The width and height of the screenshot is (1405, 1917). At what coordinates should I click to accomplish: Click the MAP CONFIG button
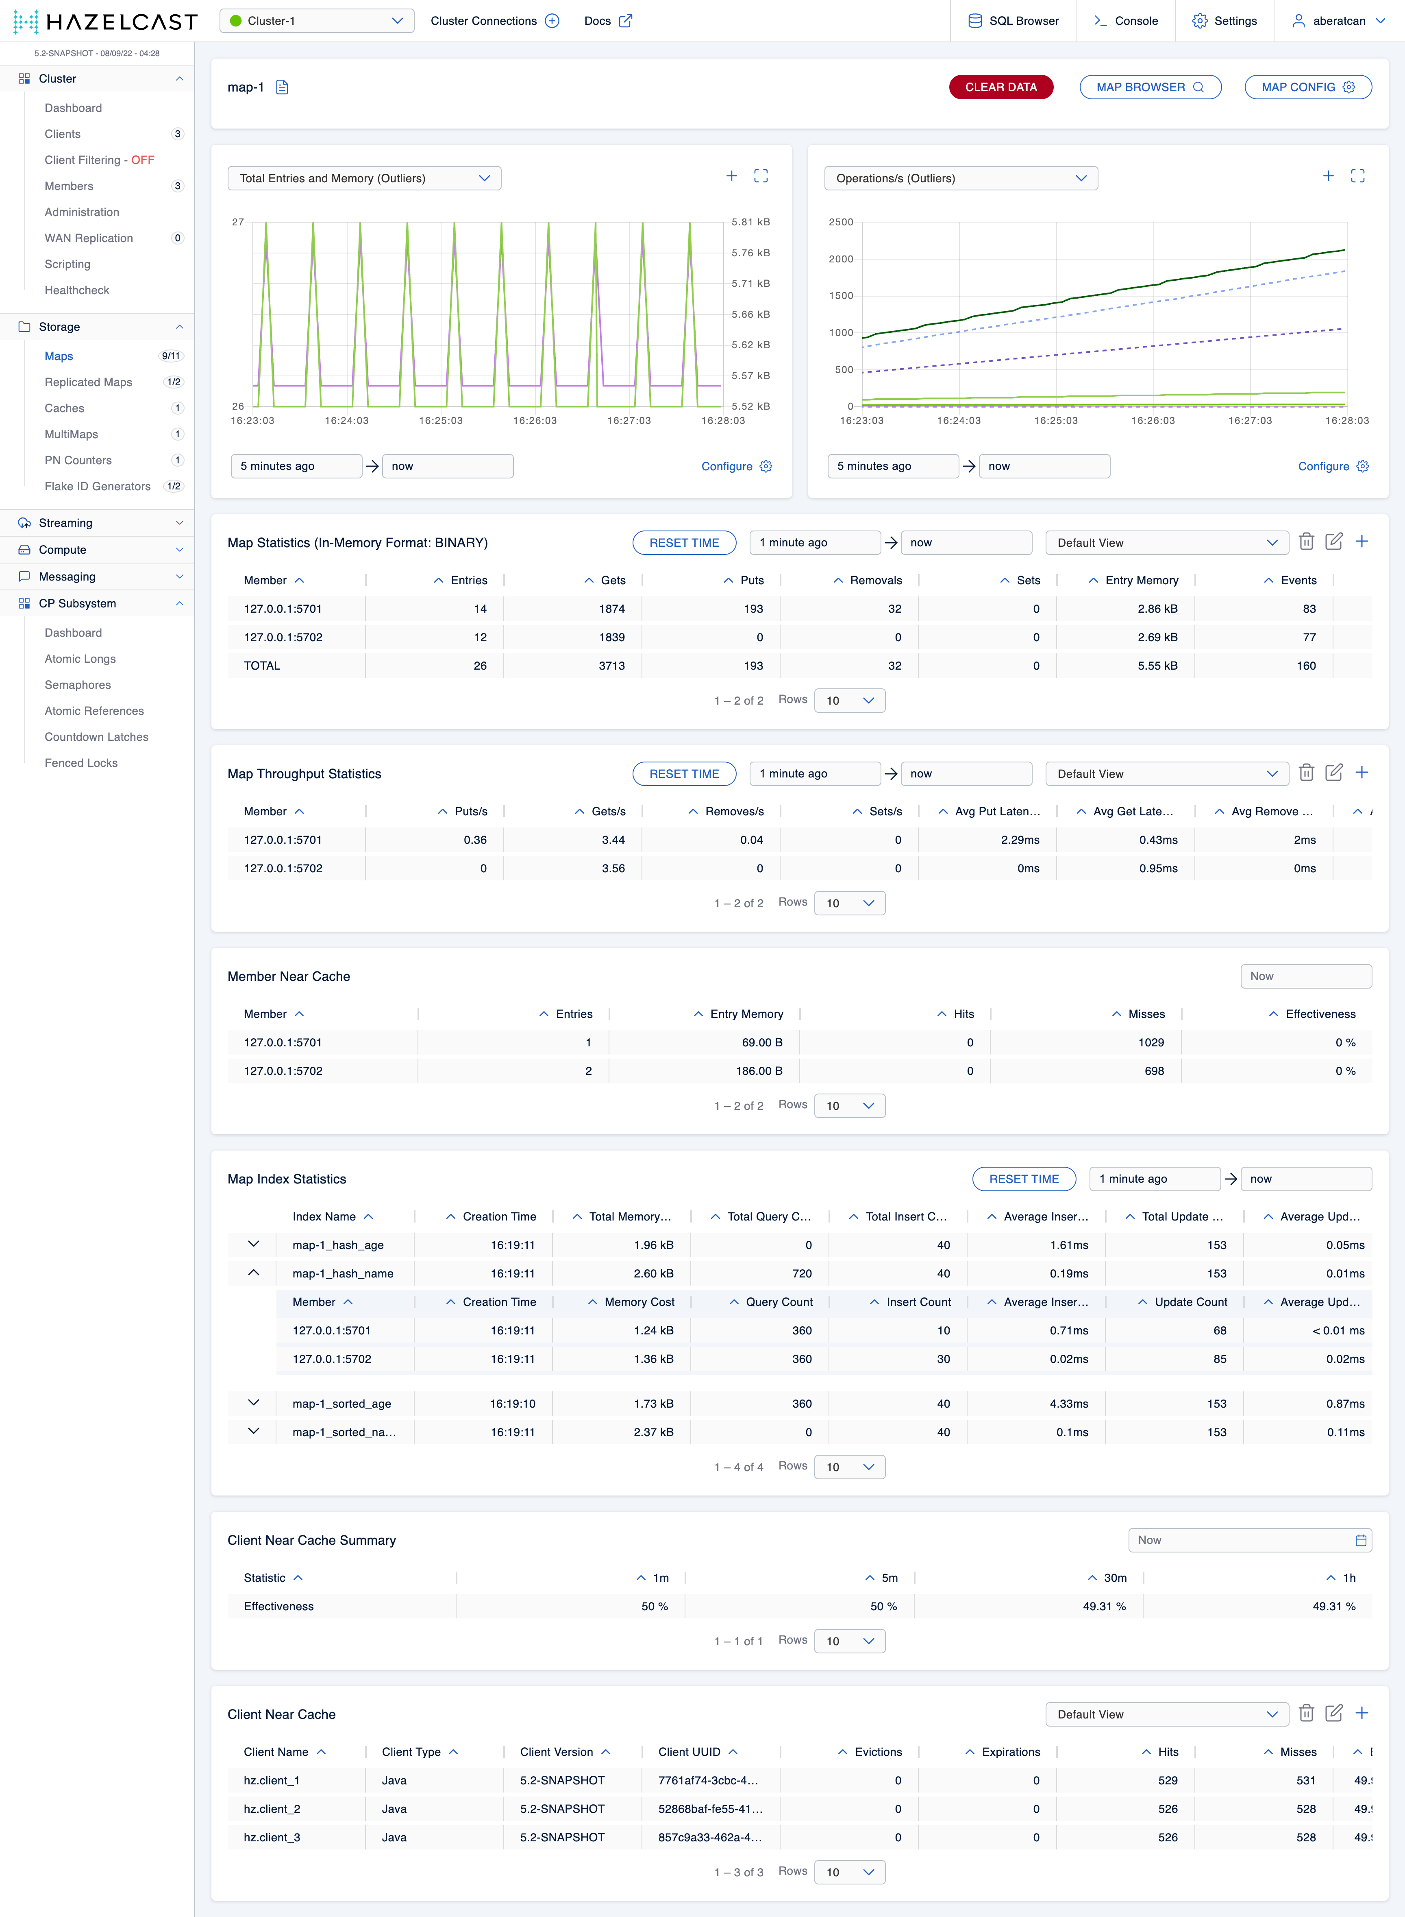[x=1307, y=87]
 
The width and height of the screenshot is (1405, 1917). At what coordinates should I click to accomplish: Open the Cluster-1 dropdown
[x=316, y=20]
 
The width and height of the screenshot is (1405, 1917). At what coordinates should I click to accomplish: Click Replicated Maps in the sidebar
[x=89, y=382]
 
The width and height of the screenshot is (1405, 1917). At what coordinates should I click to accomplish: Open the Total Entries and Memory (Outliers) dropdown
[x=364, y=178]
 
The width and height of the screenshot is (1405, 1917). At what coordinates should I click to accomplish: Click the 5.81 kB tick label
[x=750, y=222]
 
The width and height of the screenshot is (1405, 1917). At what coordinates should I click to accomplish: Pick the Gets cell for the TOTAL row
[x=611, y=666]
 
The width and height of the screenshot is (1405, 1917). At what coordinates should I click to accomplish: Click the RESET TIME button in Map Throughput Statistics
[x=684, y=773]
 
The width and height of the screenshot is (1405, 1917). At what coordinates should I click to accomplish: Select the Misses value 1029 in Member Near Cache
[x=1151, y=1042]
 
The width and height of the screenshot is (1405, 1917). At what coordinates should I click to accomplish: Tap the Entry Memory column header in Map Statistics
[x=1141, y=580]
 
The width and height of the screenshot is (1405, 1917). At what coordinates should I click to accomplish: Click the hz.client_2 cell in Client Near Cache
[x=272, y=1809]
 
